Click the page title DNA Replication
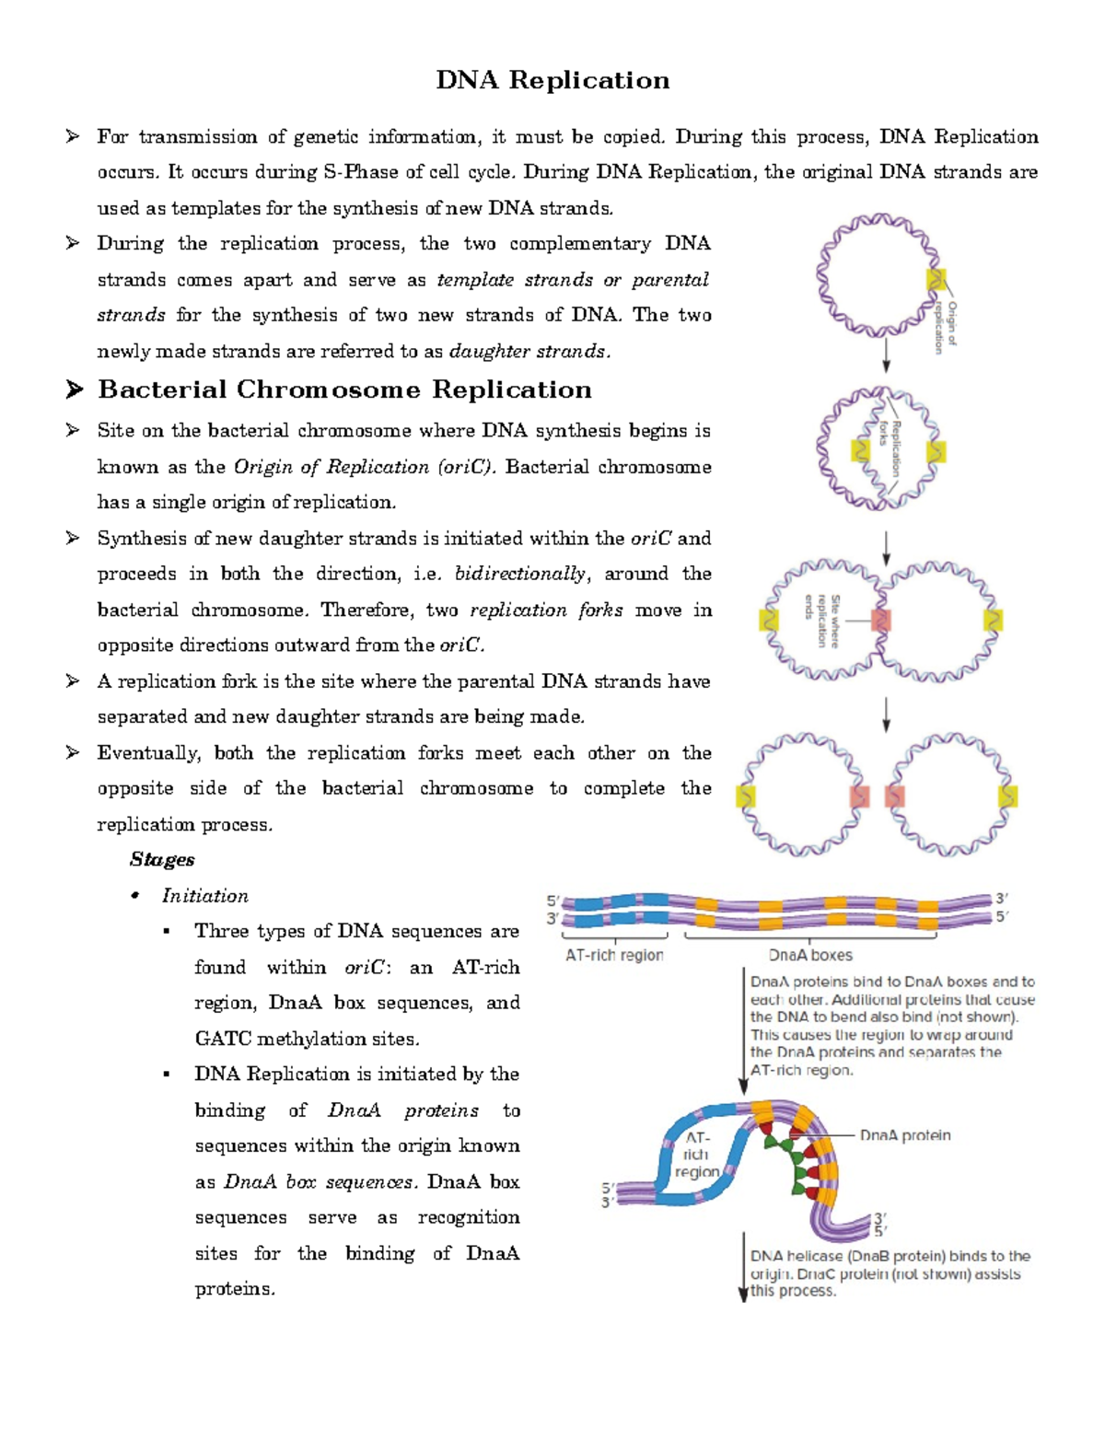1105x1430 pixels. click(552, 81)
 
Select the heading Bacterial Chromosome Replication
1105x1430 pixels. click(344, 390)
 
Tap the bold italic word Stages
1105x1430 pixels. click(162, 860)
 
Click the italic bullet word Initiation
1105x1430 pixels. click(204, 896)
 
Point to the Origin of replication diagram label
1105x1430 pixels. click(946, 327)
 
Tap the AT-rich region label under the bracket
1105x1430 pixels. click(614, 956)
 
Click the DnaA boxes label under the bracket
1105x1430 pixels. click(810, 956)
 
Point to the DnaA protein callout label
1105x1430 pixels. click(905, 1135)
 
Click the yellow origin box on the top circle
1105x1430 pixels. click(936, 279)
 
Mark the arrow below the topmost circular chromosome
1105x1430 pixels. click(886, 355)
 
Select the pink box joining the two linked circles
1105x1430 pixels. click(881, 620)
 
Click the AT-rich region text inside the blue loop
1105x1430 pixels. click(696, 1155)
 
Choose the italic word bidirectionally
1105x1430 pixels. click(520, 574)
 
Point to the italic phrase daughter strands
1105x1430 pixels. click(528, 352)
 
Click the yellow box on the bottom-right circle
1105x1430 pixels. click(1008, 795)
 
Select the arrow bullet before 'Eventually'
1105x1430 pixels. click(73, 753)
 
